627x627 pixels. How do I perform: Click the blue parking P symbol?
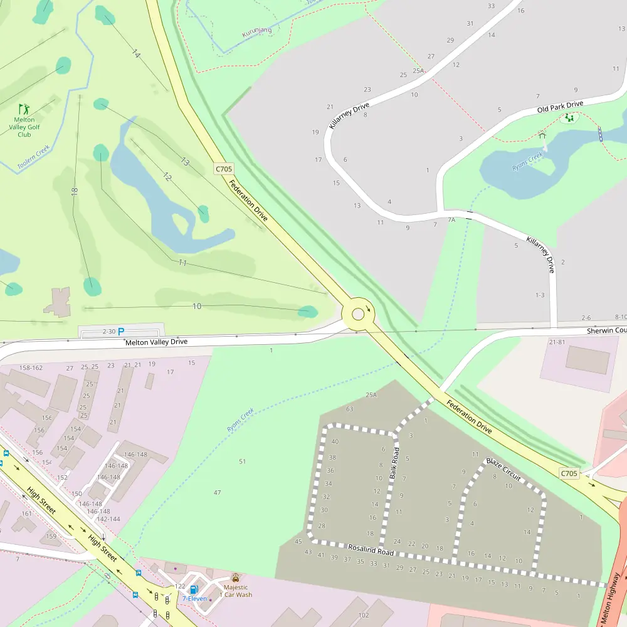click(121, 331)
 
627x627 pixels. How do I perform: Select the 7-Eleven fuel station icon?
click(194, 589)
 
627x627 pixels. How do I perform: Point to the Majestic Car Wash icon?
click(236, 577)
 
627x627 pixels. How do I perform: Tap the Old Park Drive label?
click(560, 107)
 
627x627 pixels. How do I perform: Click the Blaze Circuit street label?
click(503, 469)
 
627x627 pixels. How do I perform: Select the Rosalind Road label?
click(371, 549)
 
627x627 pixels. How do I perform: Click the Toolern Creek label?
click(33, 157)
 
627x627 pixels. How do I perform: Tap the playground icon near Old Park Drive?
click(569, 117)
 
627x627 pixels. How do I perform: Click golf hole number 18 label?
click(75, 191)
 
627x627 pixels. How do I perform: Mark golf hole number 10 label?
click(197, 306)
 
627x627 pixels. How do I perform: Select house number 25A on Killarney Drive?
click(418, 71)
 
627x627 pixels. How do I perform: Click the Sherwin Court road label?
click(606, 330)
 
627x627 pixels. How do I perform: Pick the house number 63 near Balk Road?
click(349, 409)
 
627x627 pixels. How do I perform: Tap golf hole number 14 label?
click(135, 54)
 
